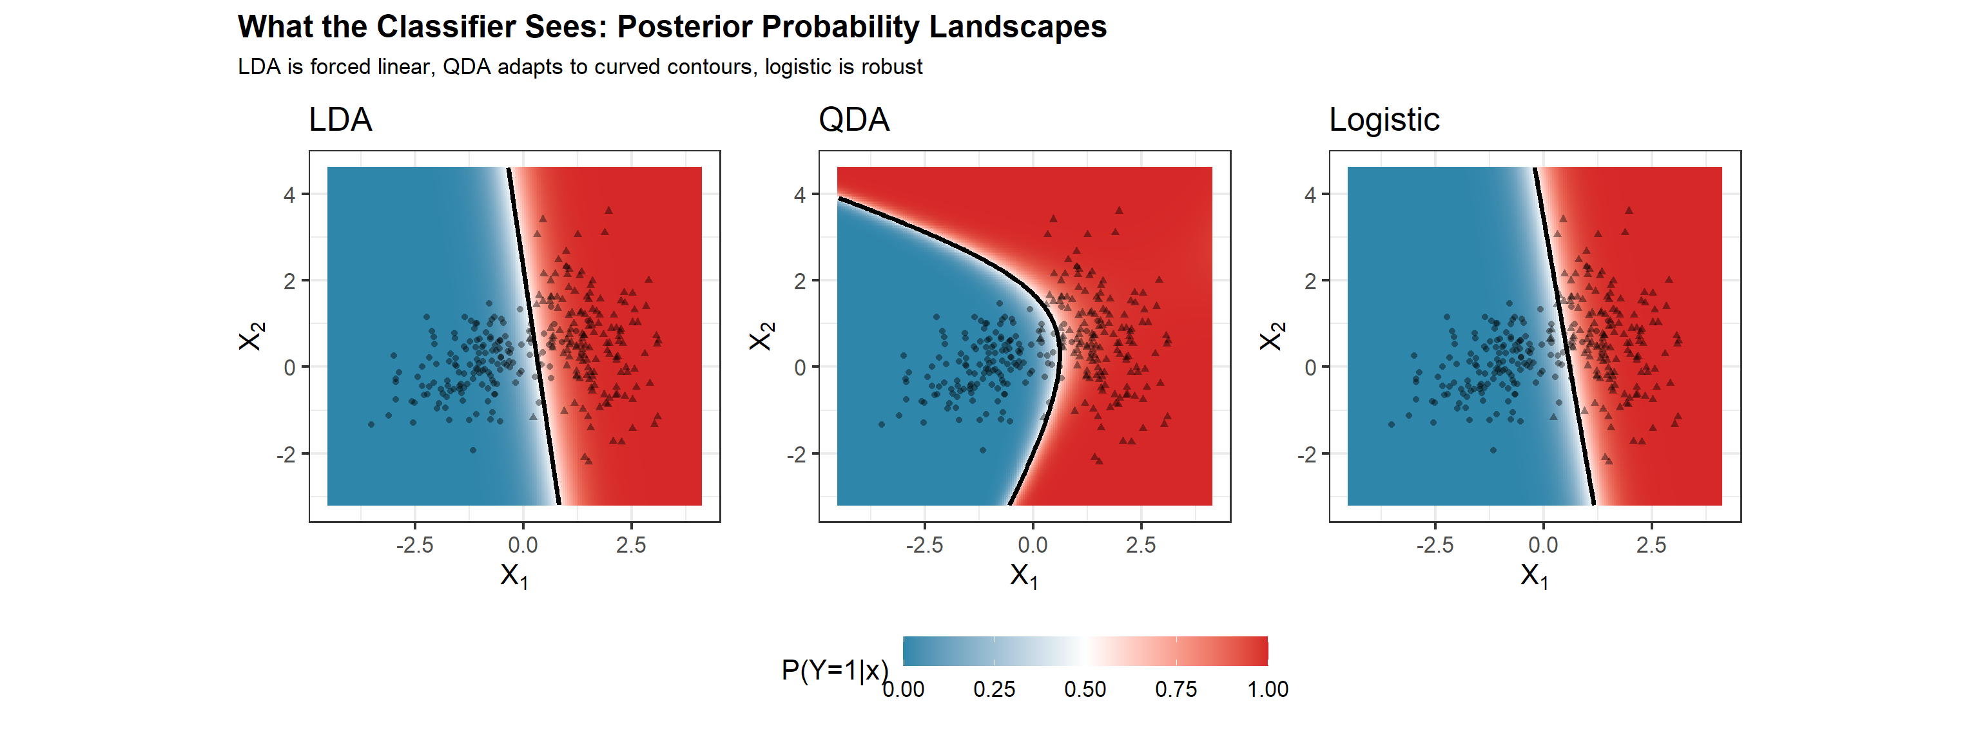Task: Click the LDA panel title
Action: coord(340,120)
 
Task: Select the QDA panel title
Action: coord(854,120)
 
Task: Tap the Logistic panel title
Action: coord(1384,120)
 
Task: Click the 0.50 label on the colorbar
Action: coord(1085,689)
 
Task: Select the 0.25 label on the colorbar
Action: coord(994,689)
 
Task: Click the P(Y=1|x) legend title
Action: coord(835,670)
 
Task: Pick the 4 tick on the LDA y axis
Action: coord(289,195)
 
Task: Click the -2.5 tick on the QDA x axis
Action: coord(925,546)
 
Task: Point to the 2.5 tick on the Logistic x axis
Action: coord(1651,546)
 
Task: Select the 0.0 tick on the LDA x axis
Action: coord(523,546)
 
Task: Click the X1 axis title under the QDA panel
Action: coord(1024,576)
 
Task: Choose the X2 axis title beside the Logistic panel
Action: coord(1271,336)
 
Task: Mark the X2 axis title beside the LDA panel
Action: coord(251,336)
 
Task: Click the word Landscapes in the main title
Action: coord(1018,27)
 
